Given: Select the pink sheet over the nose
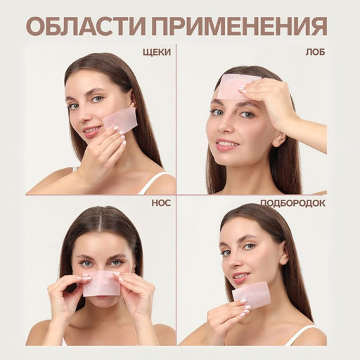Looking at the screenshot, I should pyautogui.click(x=102, y=282).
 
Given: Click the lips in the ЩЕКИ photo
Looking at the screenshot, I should pyautogui.click(x=92, y=131).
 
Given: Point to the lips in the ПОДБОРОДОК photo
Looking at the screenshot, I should pyautogui.click(x=240, y=275).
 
